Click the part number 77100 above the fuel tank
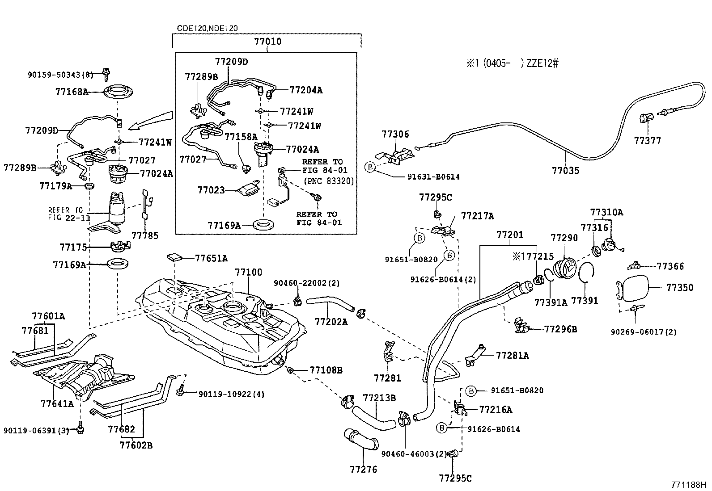(249, 272)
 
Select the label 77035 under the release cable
(565, 170)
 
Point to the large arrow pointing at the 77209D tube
(150, 121)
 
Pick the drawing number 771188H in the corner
(688, 484)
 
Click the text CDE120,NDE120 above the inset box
(207, 28)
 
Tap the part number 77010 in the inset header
(267, 42)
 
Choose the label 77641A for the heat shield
(56, 403)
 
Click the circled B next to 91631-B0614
(370, 167)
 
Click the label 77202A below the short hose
(331, 321)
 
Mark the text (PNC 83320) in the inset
(329, 181)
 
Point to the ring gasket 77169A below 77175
(117, 264)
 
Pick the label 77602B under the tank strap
(136, 445)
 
